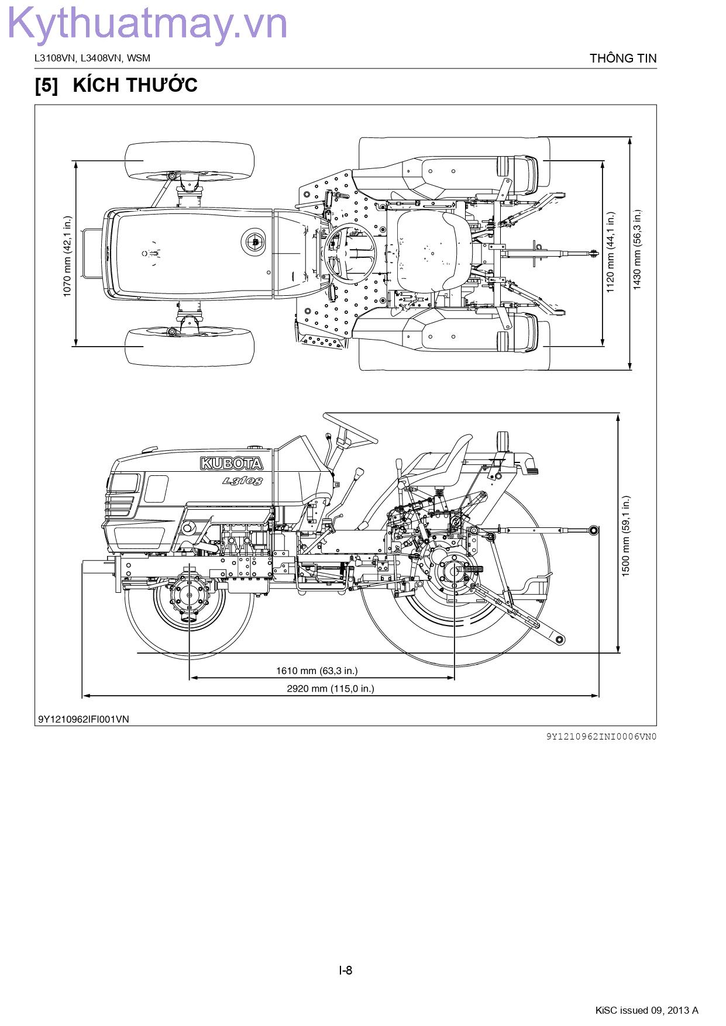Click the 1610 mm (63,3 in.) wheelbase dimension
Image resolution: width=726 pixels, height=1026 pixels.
click(316, 671)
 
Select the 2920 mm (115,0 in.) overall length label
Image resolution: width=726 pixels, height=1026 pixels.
click(330, 688)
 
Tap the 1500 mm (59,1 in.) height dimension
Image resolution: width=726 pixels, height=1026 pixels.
click(626, 536)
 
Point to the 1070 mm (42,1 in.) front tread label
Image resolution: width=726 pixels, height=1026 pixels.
click(67, 255)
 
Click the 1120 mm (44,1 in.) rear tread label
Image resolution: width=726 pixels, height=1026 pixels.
click(611, 252)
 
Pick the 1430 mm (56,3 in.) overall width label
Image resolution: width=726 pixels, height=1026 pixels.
click(637, 250)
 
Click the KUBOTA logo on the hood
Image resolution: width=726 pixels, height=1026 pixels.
click(232, 464)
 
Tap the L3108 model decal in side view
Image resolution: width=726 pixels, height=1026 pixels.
click(242, 481)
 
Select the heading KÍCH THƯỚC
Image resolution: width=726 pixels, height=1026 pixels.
click(135, 85)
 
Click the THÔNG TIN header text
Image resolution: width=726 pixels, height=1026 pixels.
click(623, 58)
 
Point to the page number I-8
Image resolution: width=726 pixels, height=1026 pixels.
click(346, 970)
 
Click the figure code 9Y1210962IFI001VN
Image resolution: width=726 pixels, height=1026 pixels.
click(84, 719)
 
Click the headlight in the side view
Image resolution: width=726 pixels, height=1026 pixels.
click(124, 483)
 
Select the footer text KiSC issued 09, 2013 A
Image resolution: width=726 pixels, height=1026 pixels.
click(646, 1010)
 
